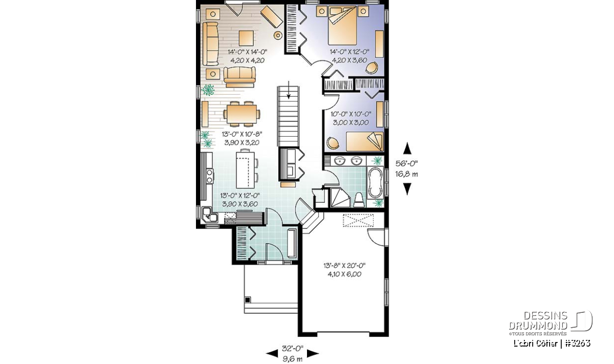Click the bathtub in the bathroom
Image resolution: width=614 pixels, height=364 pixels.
(x=375, y=182)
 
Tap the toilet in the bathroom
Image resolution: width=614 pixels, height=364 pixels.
(x=359, y=200)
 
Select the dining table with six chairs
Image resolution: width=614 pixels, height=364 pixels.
(x=242, y=114)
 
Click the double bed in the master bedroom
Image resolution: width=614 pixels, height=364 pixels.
(x=342, y=26)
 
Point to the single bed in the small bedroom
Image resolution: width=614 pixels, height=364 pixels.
(x=364, y=141)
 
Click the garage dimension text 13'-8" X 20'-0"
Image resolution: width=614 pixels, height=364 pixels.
(x=344, y=266)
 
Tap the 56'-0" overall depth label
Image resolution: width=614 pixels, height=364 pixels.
(x=406, y=163)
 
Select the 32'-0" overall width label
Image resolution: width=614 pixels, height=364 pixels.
(x=293, y=348)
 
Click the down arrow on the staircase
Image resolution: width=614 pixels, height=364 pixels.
(x=289, y=90)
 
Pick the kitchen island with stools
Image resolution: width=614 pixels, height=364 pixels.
(x=247, y=169)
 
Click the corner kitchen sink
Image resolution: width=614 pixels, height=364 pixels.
(x=209, y=215)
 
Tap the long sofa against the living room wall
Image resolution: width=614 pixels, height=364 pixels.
(x=210, y=44)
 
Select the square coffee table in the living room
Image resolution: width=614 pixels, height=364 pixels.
(x=246, y=38)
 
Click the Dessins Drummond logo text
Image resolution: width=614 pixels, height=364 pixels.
(x=538, y=320)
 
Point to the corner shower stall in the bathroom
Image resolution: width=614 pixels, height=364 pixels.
(x=340, y=198)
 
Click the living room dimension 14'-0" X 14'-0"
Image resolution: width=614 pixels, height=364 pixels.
(x=247, y=52)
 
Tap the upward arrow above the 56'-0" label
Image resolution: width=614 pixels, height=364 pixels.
(x=407, y=148)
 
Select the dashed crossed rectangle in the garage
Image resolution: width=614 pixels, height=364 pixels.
(x=358, y=220)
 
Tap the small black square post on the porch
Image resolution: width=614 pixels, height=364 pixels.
(x=248, y=299)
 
